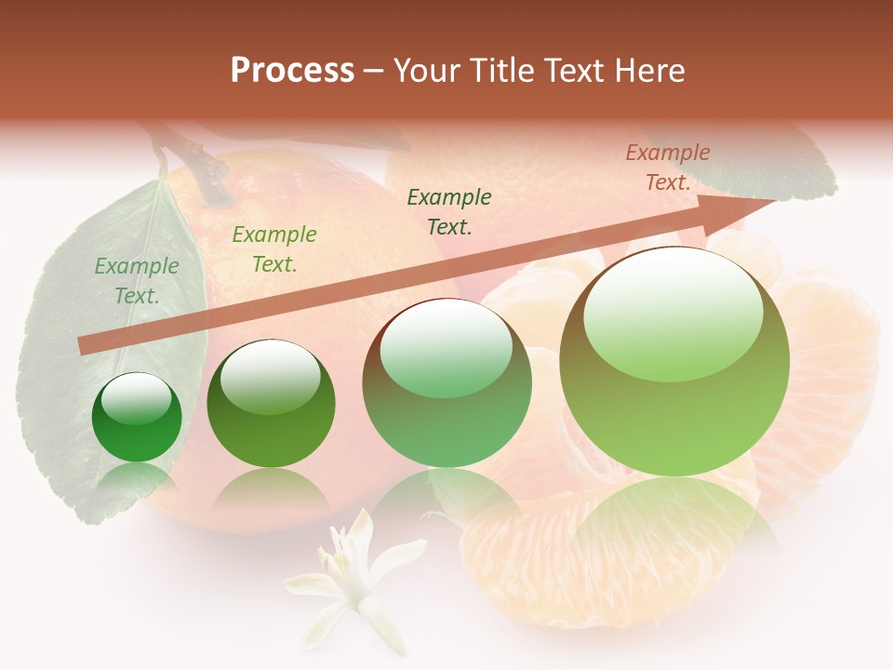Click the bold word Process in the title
click(292, 71)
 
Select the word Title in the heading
click(504, 71)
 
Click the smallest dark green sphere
click(138, 418)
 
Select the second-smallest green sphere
click(271, 404)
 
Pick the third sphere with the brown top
click(446, 382)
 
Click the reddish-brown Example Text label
click(667, 167)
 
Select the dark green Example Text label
click(449, 211)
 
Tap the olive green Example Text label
click(273, 248)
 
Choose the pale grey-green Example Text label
click(137, 281)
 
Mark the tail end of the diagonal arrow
click(84, 345)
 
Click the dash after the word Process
click(374, 71)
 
